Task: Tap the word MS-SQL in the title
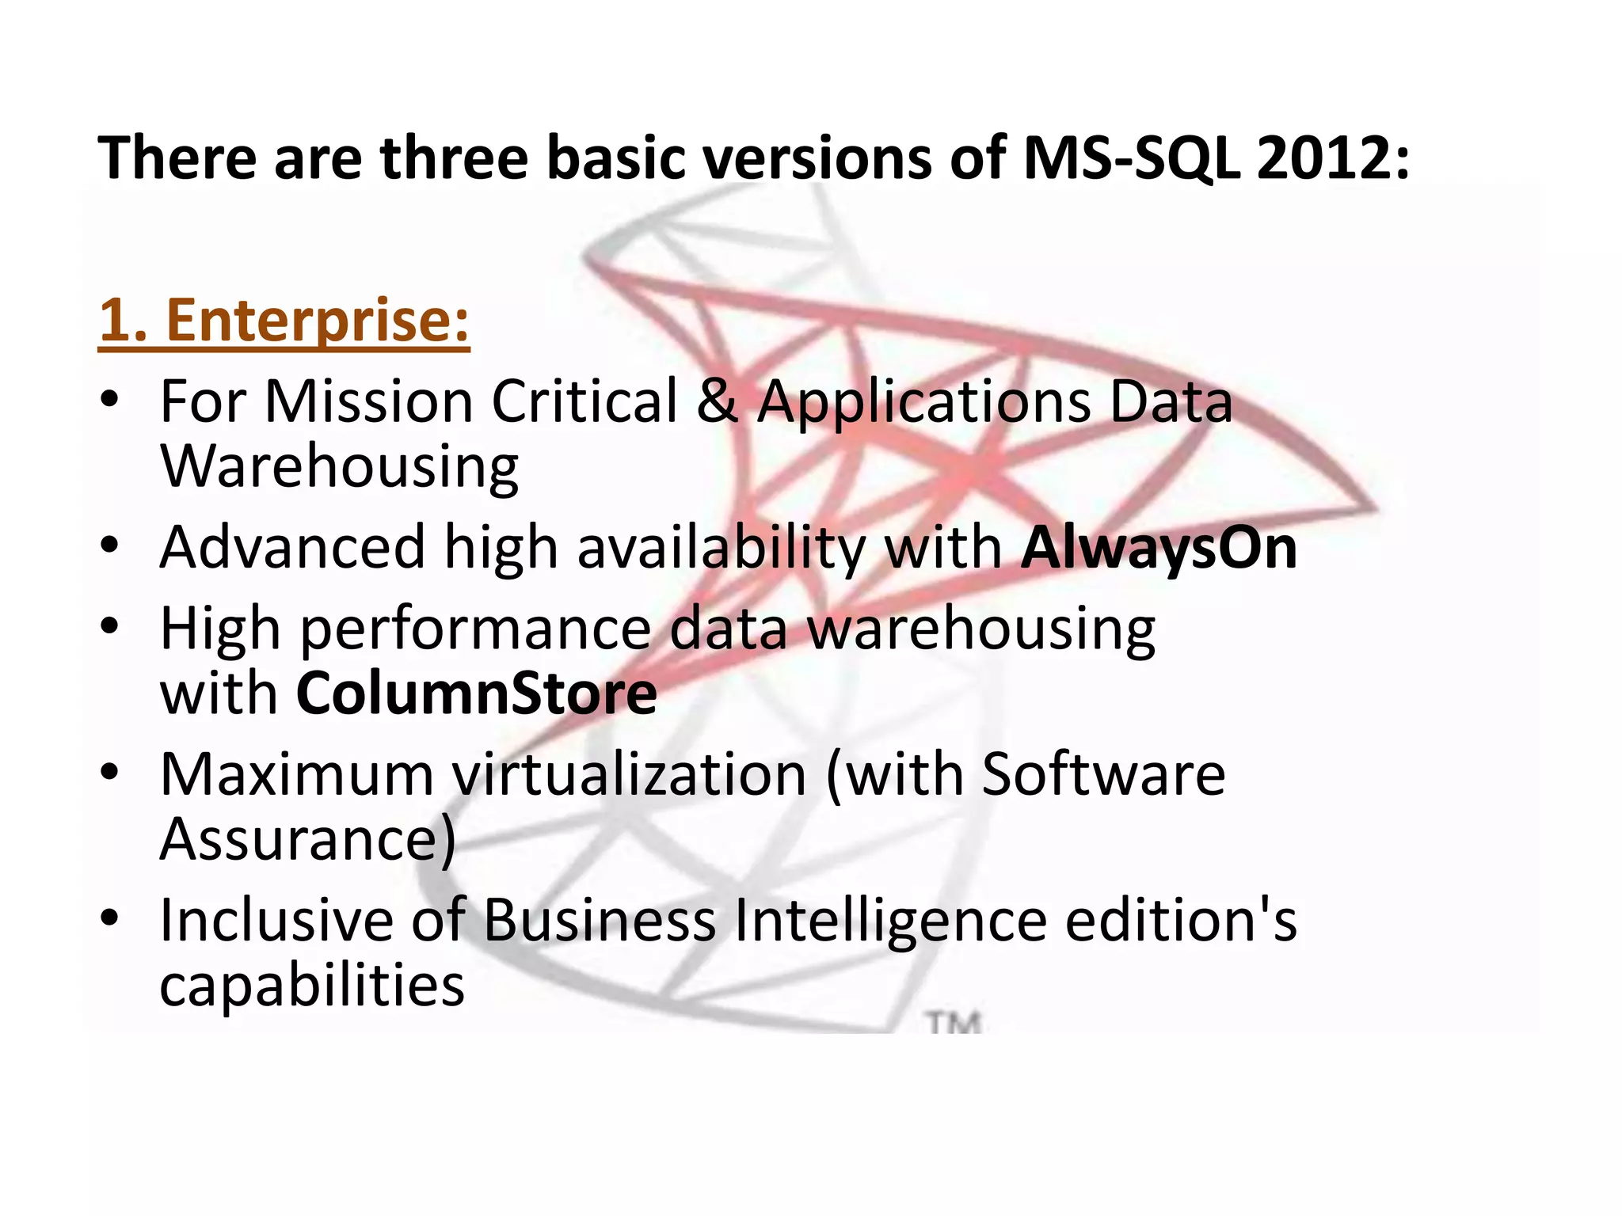[x=1130, y=158]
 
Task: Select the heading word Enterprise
[x=318, y=321]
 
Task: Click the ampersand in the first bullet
[x=717, y=401]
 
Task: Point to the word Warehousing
[x=339, y=467]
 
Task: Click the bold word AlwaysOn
[x=1159, y=548]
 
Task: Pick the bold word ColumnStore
[x=476, y=693]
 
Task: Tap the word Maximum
[x=297, y=774]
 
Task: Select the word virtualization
[x=630, y=774]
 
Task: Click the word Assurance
[x=307, y=839]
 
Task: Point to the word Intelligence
[x=891, y=921]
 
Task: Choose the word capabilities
[x=312, y=986]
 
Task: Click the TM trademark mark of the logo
[x=954, y=1023]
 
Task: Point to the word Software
[x=1103, y=774]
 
